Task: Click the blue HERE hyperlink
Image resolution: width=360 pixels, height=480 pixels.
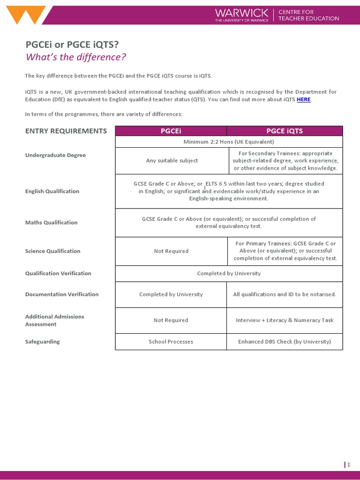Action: [x=303, y=99]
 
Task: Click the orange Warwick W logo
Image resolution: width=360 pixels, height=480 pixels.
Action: [x=27, y=15]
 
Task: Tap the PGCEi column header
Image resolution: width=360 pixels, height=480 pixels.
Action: [x=171, y=131]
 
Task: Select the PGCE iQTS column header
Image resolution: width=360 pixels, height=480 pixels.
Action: [x=285, y=131]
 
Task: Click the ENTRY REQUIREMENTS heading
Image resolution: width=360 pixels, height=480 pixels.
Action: [x=66, y=131]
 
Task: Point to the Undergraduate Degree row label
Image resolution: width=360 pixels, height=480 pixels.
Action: [x=55, y=155]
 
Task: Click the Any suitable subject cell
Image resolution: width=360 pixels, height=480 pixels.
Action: [x=172, y=161]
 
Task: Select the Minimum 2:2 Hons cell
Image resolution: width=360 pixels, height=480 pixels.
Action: [x=229, y=142]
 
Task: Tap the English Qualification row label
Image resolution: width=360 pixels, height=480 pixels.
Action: [x=52, y=191]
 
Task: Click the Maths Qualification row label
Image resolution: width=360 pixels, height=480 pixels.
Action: [x=51, y=223]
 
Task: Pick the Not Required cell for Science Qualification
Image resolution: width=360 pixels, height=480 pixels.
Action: [x=171, y=251]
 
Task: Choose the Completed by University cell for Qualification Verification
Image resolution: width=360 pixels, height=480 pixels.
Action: [x=229, y=273]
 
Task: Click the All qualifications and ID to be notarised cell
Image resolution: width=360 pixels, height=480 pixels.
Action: [x=285, y=294]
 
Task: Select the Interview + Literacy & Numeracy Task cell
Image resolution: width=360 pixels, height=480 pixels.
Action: [x=285, y=320]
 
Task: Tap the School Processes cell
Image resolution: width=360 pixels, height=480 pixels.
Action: [x=171, y=342]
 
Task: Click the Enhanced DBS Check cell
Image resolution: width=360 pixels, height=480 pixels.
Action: [x=285, y=342]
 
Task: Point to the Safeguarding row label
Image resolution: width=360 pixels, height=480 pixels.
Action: [x=42, y=342]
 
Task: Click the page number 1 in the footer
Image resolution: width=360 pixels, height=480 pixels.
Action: [x=348, y=465]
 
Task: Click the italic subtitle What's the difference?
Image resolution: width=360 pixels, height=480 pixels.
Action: [x=76, y=57]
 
